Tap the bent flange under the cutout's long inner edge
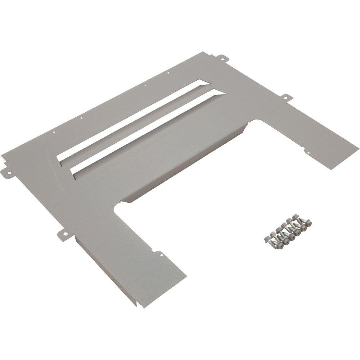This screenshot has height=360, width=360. [187, 169]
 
